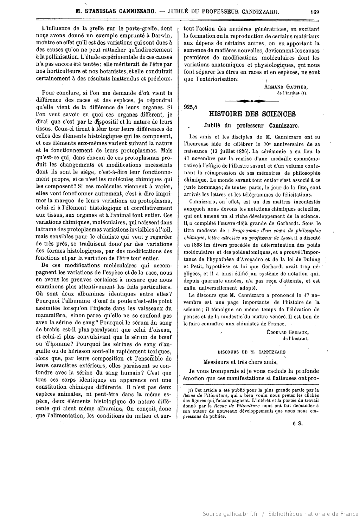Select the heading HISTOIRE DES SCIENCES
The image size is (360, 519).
252,114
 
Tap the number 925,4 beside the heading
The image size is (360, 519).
191,108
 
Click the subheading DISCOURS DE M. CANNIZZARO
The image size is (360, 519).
251,352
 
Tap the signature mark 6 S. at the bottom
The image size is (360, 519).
298,423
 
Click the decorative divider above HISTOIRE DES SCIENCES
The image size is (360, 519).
251,101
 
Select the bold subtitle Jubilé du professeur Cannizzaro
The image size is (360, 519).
251,125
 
